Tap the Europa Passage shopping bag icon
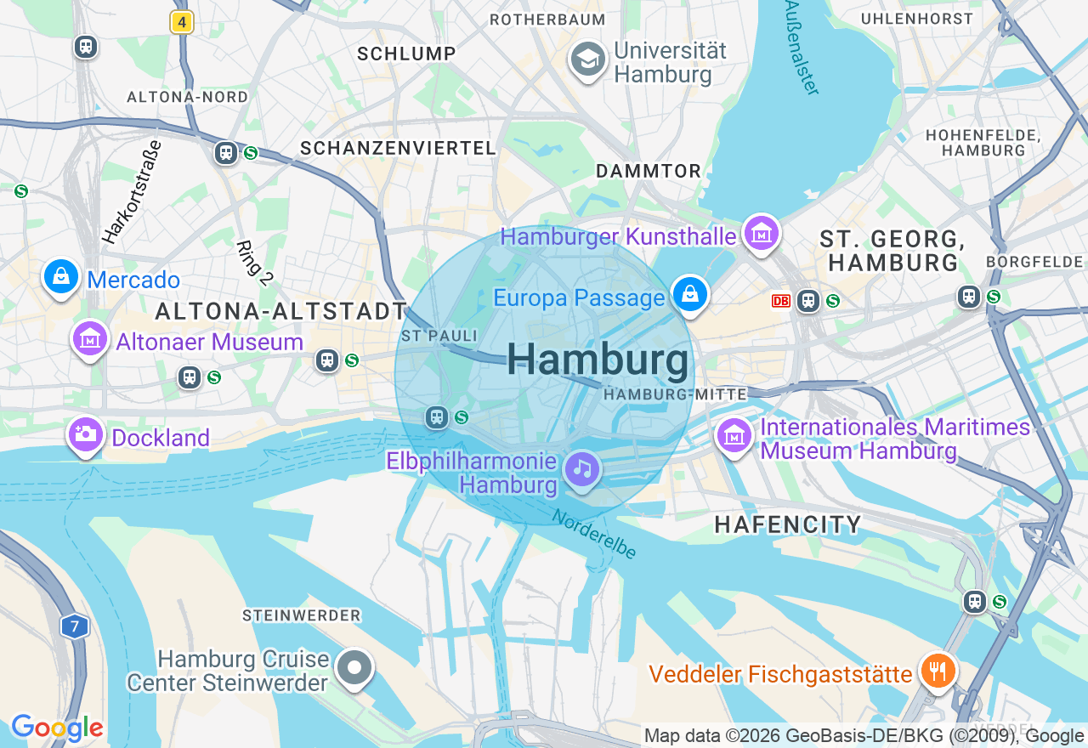pyautogui.click(x=690, y=295)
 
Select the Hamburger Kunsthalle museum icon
pyautogui.click(x=761, y=233)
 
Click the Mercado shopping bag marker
pyautogui.click(x=61, y=277)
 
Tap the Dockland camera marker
pyautogui.click(x=85, y=434)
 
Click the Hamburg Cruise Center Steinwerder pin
pyautogui.click(x=354, y=668)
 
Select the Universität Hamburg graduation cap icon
pyautogui.click(x=587, y=60)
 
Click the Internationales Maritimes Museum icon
pyautogui.click(x=734, y=435)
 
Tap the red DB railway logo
pyautogui.click(x=780, y=301)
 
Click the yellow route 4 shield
pyautogui.click(x=182, y=22)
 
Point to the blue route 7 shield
pyautogui.click(x=75, y=627)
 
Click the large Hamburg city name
pyautogui.click(x=598, y=360)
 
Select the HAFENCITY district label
pyautogui.click(x=788, y=524)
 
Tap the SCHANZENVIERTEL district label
pyautogui.click(x=398, y=148)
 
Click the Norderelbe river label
pyautogui.click(x=594, y=534)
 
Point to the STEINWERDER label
pyautogui.click(x=302, y=615)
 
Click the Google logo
pyautogui.click(x=57, y=728)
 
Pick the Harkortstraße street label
pyautogui.click(x=132, y=192)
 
